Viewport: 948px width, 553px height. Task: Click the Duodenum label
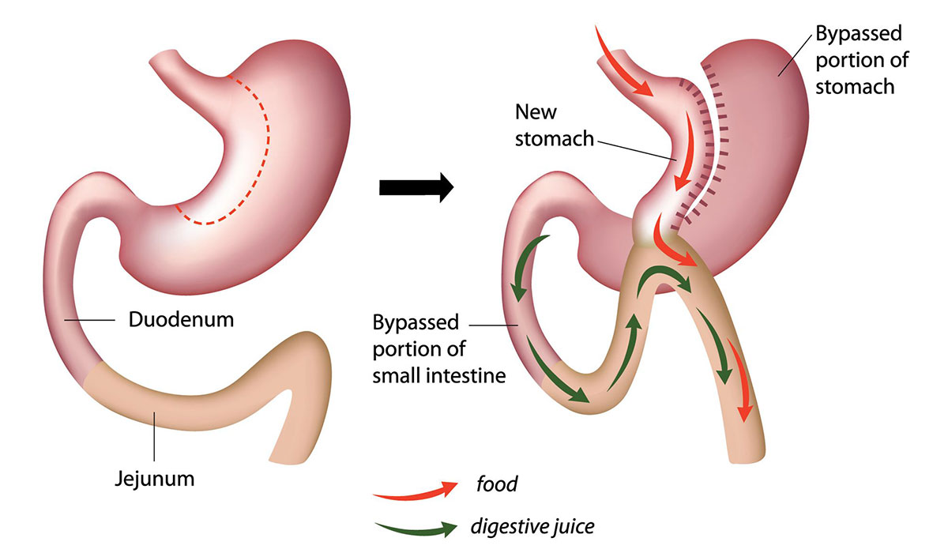coord(181,319)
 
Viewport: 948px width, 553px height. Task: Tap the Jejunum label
coord(155,479)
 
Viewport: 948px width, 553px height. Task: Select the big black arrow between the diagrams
coord(416,187)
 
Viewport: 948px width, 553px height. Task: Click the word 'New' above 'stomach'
coord(536,112)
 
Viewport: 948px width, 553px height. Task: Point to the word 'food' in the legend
coord(496,484)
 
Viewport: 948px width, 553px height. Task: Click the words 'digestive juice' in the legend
coord(532,527)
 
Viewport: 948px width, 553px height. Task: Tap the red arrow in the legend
coord(416,491)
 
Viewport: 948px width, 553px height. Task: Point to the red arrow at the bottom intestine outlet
coord(739,381)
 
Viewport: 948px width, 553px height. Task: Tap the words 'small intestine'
coord(439,376)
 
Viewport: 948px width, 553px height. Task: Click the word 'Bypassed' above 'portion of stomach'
coord(859,34)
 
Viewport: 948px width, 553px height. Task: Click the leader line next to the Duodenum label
coord(90,320)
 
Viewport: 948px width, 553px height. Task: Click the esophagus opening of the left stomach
coord(163,57)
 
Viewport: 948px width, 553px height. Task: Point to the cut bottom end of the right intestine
coord(747,459)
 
